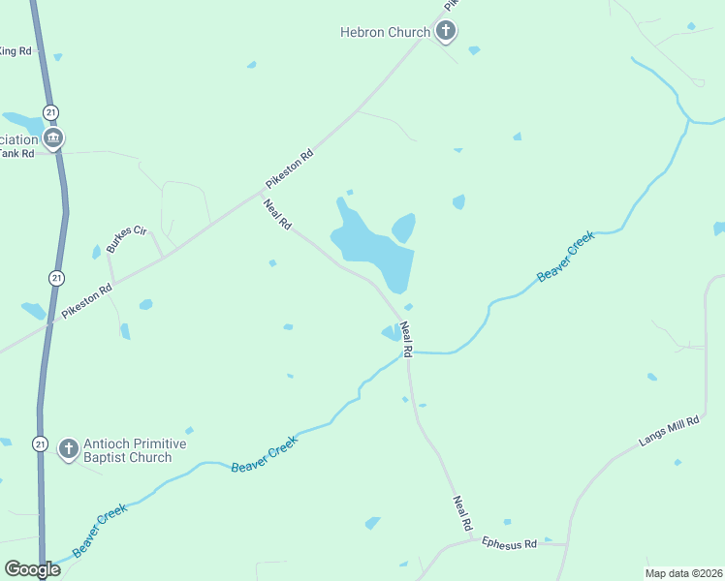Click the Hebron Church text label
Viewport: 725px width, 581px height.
[384, 32]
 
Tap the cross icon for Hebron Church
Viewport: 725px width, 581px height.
[446, 32]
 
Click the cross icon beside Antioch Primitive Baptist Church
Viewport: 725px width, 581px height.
[68, 448]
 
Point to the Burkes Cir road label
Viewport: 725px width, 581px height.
[126, 238]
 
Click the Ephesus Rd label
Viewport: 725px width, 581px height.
[509, 544]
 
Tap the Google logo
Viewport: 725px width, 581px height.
[32, 569]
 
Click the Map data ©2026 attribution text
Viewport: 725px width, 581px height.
[683, 572]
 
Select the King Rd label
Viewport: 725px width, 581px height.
[16, 50]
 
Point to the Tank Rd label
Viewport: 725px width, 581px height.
[17, 153]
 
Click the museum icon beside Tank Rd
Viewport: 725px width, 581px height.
[53, 138]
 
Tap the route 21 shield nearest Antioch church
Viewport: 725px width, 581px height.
[40, 443]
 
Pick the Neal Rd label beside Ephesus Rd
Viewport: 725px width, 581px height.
[461, 512]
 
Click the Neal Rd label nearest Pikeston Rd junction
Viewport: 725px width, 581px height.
[278, 214]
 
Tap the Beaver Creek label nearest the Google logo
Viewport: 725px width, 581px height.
[99, 528]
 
